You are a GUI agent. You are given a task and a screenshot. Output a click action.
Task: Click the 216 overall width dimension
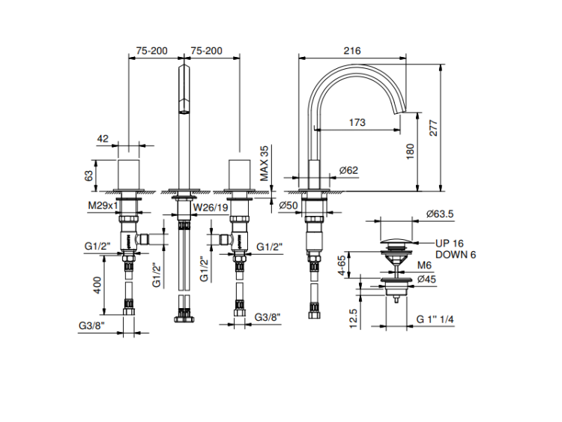pyautogui.click(x=351, y=51)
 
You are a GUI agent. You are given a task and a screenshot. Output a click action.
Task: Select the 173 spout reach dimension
pyautogui.click(x=358, y=121)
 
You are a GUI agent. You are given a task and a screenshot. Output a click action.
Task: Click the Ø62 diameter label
pyautogui.click(x=348, y=170)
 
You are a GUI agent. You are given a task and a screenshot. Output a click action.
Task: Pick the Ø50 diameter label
pyautogui.click(x=289, y=205)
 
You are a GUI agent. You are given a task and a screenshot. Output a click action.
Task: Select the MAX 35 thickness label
pyautogui.click(x=264, y=163)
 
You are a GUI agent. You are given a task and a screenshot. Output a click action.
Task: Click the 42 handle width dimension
pyautogui.click(x=103, y=139)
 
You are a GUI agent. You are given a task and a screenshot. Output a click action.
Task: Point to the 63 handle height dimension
pyautogui.click(x=88, y=175)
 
